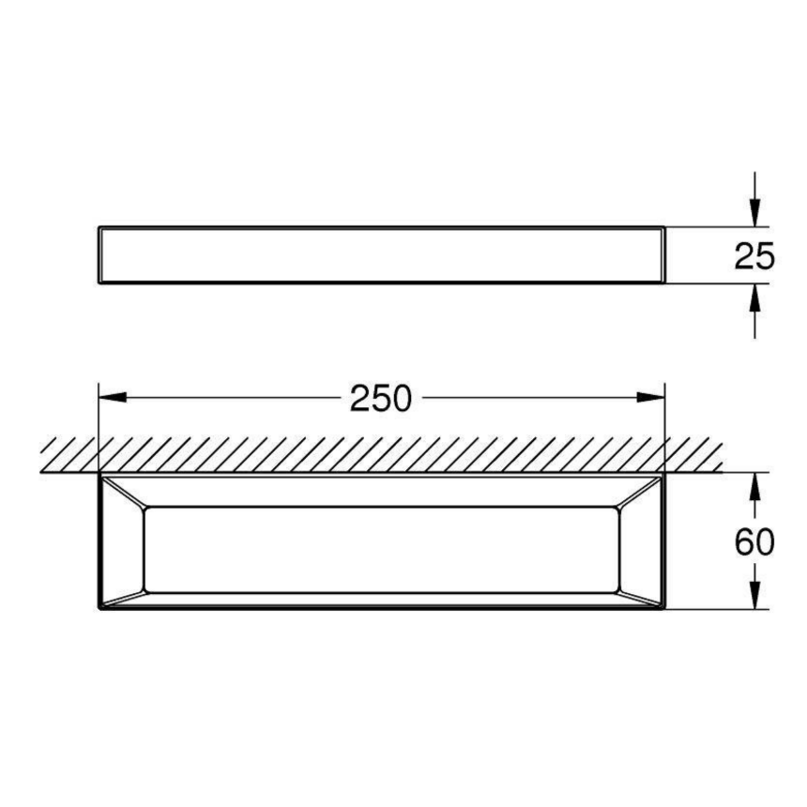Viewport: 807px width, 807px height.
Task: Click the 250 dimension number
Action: click(380, 399)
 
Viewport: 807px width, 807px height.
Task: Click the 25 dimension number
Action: click(754, 256)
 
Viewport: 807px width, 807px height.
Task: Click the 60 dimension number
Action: click(754, 542)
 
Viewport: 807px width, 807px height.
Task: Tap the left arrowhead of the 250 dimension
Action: click(113, 397)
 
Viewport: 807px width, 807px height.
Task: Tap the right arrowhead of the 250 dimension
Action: click(650, 397)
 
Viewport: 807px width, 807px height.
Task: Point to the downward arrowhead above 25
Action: click(754, 213)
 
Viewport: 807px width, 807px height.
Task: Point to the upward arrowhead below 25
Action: click(754, 297)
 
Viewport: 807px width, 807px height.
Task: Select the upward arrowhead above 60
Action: click(754, 486)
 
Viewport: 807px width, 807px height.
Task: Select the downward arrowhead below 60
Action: click(754, 596)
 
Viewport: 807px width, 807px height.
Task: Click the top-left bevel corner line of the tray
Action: click(125, 493)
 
